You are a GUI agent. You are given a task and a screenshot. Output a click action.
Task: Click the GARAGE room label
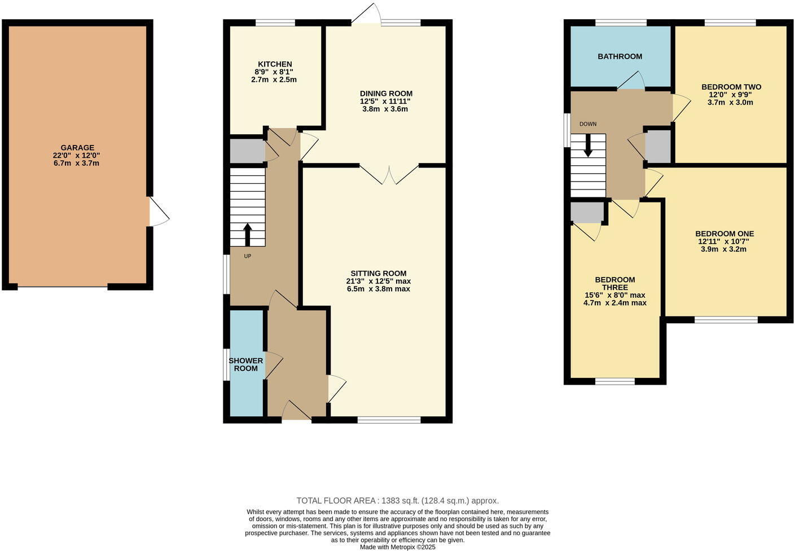77,148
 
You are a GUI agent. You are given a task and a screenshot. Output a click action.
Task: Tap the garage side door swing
158,212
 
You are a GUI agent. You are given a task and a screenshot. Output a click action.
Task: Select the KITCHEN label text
275,64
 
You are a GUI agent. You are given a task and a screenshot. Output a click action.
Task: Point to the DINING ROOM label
386,94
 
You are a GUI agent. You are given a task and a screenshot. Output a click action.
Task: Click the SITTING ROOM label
378,274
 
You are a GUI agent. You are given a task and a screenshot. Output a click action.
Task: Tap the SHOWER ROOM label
246,364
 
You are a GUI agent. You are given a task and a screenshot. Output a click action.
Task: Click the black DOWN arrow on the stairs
588,146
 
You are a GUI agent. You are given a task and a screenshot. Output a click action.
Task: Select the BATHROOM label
620,56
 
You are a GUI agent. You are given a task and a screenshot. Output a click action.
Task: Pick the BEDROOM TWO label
731,87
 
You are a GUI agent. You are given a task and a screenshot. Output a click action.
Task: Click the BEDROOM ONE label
724,233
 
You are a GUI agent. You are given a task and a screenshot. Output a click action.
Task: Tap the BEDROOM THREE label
615,283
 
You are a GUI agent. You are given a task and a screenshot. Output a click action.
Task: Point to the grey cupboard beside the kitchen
247,151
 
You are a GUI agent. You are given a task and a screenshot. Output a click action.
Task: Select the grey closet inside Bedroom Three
587,212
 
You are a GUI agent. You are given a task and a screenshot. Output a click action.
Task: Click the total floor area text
397,500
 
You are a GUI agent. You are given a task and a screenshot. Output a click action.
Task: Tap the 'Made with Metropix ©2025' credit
397,547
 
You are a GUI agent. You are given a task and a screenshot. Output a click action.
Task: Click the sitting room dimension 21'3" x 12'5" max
378,281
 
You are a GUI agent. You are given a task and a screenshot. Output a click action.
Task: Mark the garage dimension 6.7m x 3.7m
77,164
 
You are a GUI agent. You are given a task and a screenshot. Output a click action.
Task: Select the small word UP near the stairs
247,256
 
